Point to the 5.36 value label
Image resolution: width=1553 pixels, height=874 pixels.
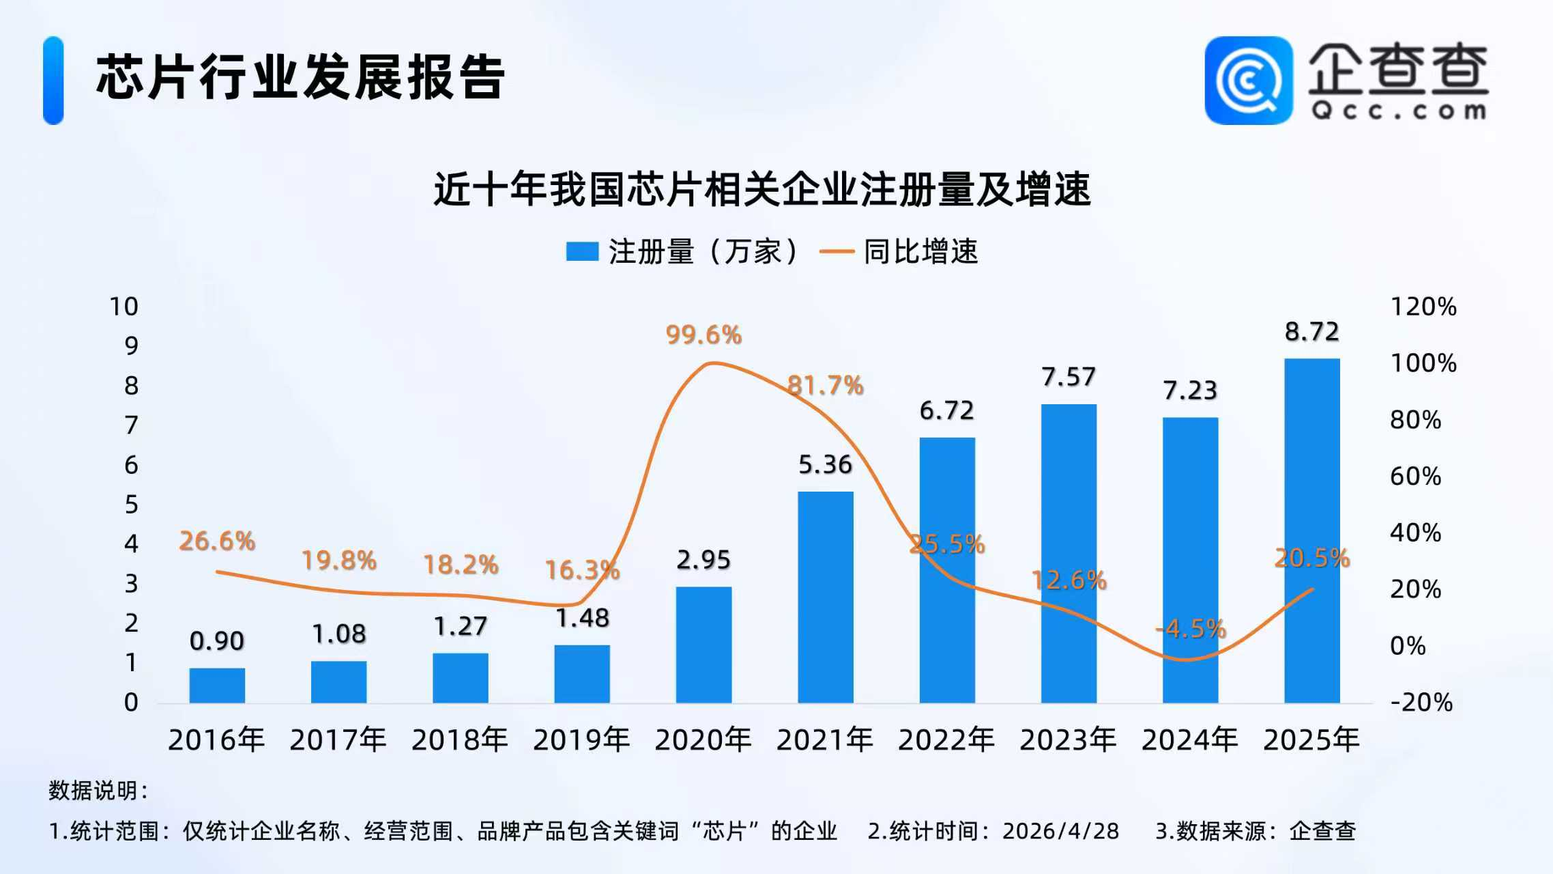(825, 465)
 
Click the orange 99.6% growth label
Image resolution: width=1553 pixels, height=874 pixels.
(703, 335)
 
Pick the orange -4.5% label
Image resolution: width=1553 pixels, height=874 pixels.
(1191, 628)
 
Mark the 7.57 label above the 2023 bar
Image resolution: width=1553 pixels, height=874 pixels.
(1069, 377)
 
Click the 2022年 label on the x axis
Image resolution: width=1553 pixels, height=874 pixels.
(946, 740)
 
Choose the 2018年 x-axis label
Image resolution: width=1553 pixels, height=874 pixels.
(460, 740)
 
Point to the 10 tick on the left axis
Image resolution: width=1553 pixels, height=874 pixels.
(124, 307)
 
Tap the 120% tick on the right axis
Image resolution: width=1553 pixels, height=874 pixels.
(1423, 307)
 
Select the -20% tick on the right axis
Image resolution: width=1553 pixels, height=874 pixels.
(1422, 702)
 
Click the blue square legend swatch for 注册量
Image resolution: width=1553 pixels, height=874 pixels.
(582, 251)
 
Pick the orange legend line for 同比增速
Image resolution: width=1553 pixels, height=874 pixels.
(837, 251)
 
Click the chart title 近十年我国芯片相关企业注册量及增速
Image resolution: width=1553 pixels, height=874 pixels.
(762, 189)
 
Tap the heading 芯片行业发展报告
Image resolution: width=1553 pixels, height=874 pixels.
(300, 77)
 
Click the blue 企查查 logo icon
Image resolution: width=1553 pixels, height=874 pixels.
(1248, 80)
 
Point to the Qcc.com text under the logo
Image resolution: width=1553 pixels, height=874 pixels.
(1398, 111)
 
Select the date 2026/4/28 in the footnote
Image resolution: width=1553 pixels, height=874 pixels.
(1060, 831)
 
